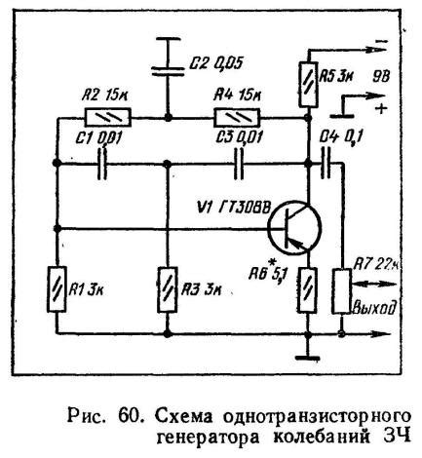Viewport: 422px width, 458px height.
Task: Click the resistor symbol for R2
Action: [108, 121]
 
